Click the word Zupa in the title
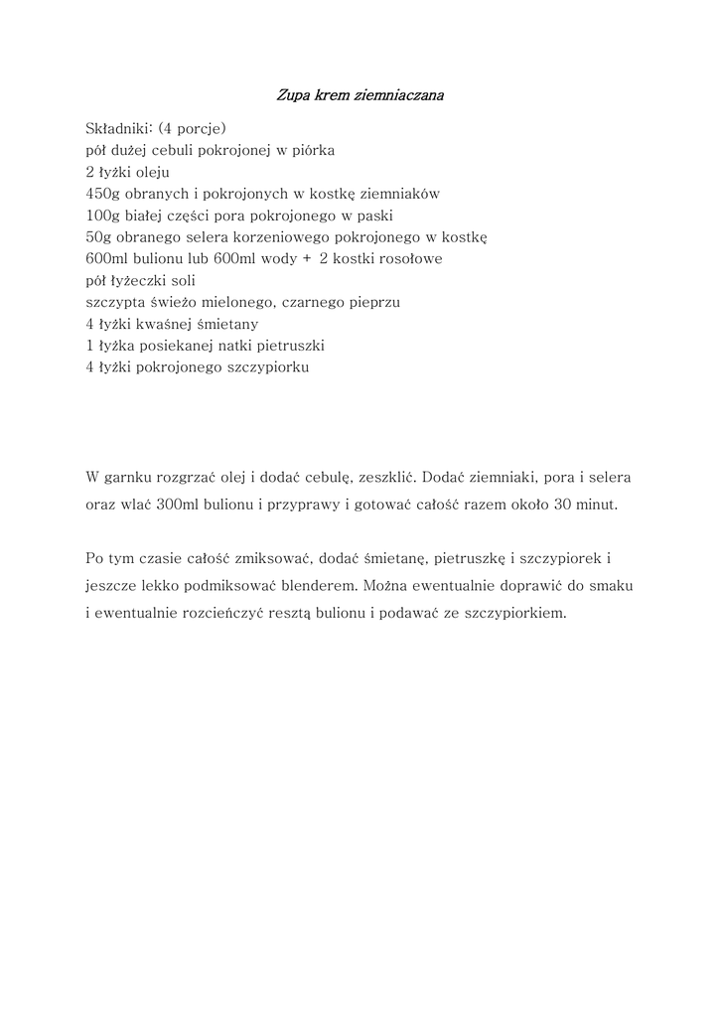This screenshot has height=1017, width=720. click(290, 96)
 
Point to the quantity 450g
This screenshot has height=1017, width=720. click(103, 194)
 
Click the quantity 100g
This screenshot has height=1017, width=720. click(103, 215)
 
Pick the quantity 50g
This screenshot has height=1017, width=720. click(99, 236)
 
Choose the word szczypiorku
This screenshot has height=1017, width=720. click(271, 367)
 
